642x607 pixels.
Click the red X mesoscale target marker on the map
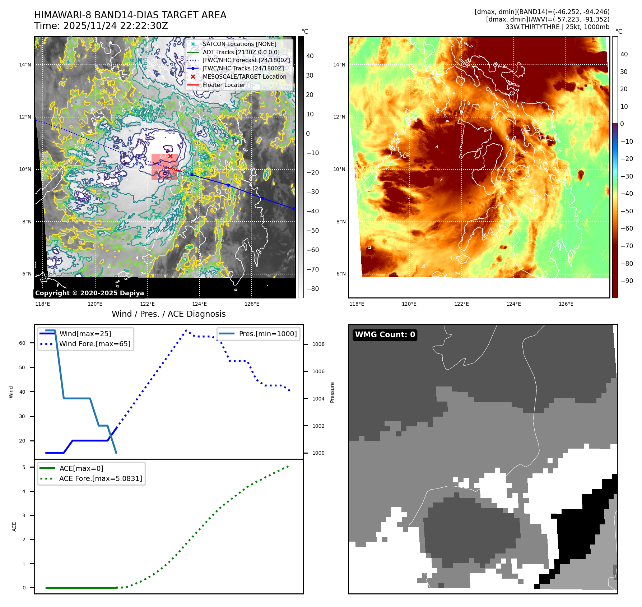[x=170, y=156]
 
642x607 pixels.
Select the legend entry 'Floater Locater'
[x=224, y=85]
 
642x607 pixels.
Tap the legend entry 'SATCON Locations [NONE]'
[x=239, y=44]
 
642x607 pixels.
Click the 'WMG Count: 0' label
[x=385, y=335]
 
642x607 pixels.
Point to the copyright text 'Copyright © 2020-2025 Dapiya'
[x=89, y=293]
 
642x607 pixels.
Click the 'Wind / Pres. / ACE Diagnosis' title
[x=168, y=314]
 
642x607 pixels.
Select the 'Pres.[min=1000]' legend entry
[x=267, y=334]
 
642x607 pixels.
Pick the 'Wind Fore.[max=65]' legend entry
[x=95, y=344]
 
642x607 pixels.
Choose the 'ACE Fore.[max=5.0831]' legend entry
[x=101, y=478]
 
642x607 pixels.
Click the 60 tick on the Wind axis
[x=22, y=343]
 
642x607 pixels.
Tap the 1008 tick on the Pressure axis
[x=318, y=344]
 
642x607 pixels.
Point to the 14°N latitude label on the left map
[x=25, y=65]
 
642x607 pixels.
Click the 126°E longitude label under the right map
[x=566, y=304]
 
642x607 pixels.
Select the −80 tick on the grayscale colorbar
[x=312, y=289]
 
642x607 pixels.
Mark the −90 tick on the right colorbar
[x=627, y=281]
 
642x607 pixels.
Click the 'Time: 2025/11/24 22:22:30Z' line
[x=101, y=26]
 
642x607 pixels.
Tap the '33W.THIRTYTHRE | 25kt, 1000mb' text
[x=557, y=27]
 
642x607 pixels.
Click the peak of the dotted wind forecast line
[x=186, y=330]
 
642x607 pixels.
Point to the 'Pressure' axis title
[x=332, y=392]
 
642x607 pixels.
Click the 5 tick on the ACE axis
[x=24, y=467]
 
